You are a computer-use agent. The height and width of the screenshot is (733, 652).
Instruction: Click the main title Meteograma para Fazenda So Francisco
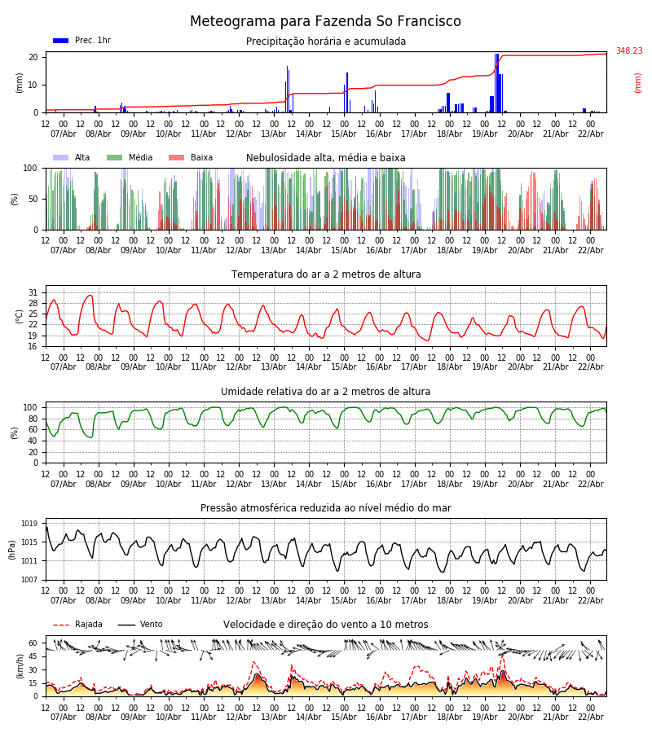[325, 22]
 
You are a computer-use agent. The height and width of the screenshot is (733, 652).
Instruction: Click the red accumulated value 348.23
[628, 51]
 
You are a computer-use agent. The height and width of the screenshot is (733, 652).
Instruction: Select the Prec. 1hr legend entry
[81, 41]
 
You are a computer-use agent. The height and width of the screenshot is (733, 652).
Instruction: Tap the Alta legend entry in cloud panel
[72, 158]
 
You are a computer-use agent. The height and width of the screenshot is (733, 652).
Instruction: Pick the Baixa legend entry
[191, 158]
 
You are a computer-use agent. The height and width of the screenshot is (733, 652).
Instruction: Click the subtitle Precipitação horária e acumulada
[326, 42]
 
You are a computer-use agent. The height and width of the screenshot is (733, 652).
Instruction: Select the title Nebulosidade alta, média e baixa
[325, 158]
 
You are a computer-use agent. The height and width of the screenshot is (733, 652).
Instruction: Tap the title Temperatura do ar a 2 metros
[326, 274]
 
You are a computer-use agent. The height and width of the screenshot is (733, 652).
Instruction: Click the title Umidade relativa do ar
[325, 392]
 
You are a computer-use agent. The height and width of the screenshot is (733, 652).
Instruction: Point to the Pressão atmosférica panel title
[325, 508]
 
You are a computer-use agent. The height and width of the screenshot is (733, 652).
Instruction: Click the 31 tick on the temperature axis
[33, 292]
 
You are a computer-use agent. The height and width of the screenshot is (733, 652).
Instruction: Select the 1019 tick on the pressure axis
[29, 524]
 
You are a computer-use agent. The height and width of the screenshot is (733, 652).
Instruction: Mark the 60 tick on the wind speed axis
[33, 643]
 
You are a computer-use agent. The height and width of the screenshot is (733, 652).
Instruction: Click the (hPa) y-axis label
[12, 549]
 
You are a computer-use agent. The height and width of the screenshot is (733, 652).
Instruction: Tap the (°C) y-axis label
[20, 316]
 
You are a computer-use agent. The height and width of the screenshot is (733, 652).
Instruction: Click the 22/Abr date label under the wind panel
[590, 718]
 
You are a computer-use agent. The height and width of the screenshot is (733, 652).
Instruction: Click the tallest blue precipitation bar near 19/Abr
[496, 81]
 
